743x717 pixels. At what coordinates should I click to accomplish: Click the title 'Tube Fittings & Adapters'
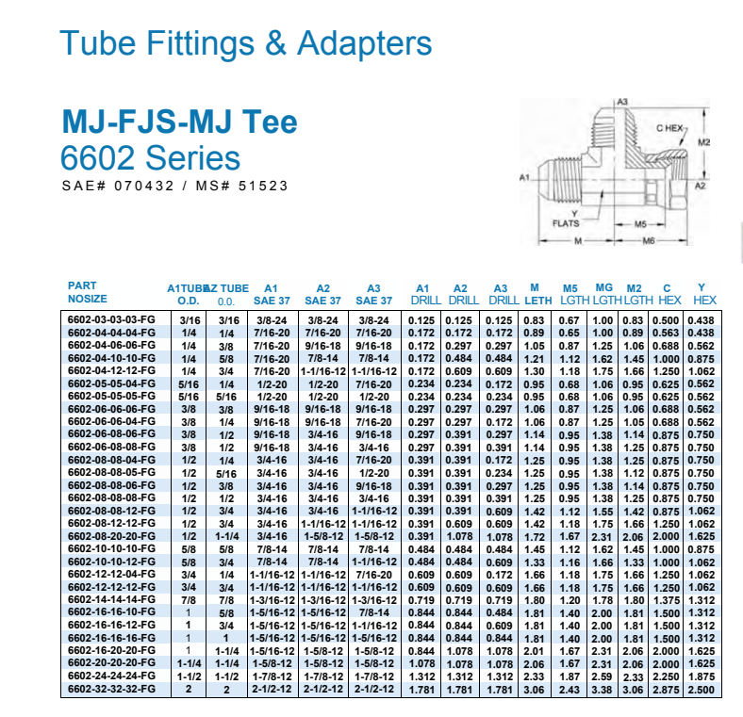[x=245, y=43]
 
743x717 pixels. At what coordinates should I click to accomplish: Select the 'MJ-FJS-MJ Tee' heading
[x=179, y=122]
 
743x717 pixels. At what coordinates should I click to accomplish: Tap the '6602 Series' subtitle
[x=150, y=157]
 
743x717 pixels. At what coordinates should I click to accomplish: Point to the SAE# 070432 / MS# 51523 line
[x=174, y=186]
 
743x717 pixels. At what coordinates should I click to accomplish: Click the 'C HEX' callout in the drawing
[x=669, y=128]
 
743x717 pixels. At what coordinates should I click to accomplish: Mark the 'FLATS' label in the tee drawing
[x=566, y=223]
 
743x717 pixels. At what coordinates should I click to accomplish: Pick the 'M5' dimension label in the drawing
[x=640, y=224]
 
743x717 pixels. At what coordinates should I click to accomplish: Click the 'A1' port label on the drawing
[x=524, y=177]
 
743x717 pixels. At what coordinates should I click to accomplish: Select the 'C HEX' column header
[x=667, y=294]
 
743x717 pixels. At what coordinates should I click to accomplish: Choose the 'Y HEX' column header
[x=704, y=294]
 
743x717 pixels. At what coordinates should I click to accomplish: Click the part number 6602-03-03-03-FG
[x=111, y=319]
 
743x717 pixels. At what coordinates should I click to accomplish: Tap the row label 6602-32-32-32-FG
[x=111, y=689]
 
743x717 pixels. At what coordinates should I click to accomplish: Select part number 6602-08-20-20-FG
[x=111, y=536]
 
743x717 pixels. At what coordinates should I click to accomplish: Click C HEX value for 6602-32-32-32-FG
[x=666, y=690]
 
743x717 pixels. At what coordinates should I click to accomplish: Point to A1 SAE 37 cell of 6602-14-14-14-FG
[x=272, y=600]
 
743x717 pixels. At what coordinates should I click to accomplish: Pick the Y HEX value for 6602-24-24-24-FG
[x=701, y=676]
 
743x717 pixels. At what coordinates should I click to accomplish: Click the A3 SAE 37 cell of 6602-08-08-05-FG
[x=374, y=473]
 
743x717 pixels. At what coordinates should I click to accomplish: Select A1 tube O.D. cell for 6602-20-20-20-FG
[x=189, y=663]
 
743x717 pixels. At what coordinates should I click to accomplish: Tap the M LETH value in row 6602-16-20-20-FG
[x=534, y=651]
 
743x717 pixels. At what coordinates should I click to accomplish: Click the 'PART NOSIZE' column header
[x=87, y=292]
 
